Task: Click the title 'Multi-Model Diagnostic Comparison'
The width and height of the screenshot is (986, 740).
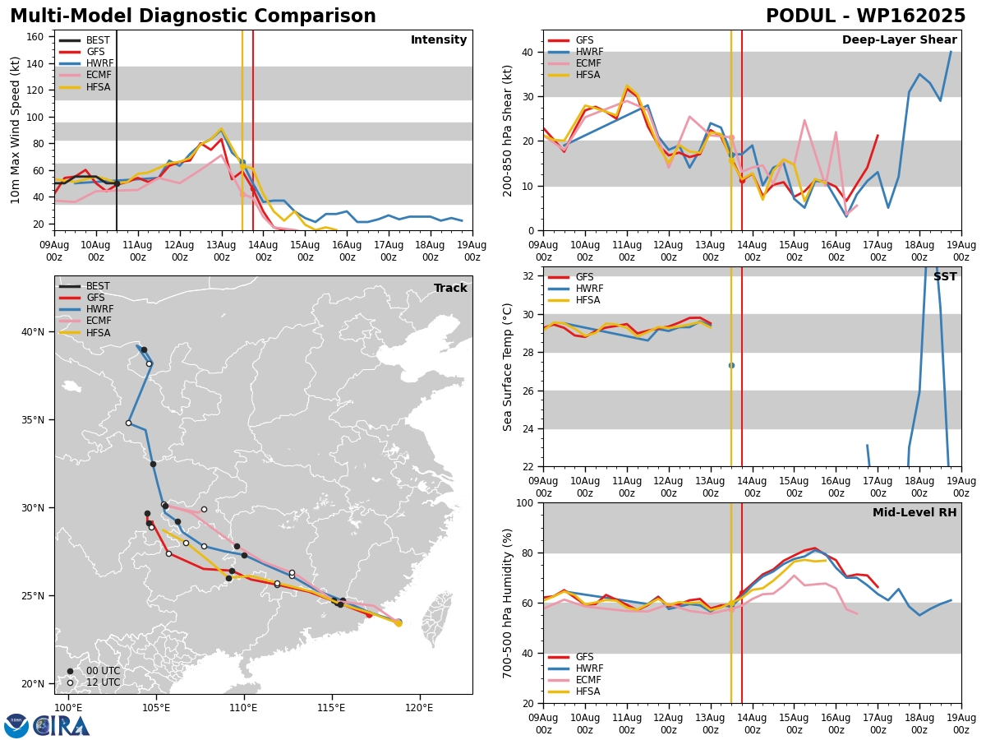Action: click(x=193, y=16)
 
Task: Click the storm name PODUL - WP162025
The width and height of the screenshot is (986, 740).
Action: click(x=865, y=16)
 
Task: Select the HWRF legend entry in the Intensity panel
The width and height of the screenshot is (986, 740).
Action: click(x=87, y=63)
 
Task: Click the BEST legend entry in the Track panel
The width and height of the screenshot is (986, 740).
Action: click(x=85, y=286)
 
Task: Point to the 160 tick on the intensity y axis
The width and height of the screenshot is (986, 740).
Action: click(x=35, y=37)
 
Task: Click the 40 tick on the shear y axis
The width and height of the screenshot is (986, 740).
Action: click(x=528, y=52)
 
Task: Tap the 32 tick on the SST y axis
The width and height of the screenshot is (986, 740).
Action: click(x=528, y=276)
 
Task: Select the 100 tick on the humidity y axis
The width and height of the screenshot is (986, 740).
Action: click(x=525, y=502)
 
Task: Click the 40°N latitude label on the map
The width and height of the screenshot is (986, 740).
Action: click(x=33, y=332)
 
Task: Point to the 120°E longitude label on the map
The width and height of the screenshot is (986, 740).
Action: click(x=420, y=709)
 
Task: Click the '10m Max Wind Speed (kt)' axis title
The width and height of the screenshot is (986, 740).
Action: click(x=15, y=130)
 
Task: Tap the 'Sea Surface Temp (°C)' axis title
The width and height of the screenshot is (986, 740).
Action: click(x=507, y=368)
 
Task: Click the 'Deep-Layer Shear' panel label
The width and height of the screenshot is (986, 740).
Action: click(x=899, y=39)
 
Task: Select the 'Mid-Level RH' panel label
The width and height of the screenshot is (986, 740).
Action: click(x=915, y=512)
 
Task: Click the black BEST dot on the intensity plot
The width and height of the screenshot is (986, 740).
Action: click(x=117, y=183)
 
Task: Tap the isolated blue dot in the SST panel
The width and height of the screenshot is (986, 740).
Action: click(x=731, y=366)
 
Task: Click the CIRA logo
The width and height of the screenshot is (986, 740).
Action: click(x=61, y=726)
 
